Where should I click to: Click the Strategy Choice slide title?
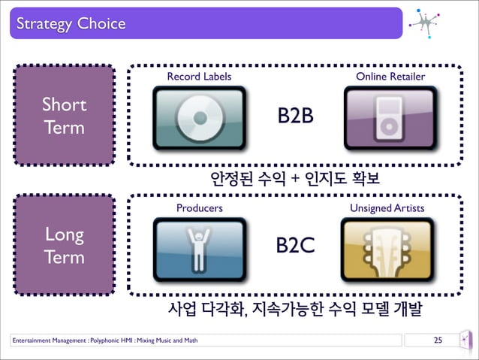pos(68,24)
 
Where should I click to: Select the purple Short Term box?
pos(64,115)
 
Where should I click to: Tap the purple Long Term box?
pos(64,245)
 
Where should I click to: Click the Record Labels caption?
pos(199,77)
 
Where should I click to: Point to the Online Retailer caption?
pos(390,77)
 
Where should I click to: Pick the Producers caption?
pos(199,207)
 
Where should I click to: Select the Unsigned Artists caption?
pos(387,207)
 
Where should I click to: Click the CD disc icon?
pos(199,119)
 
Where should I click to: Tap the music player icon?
pos(390,119)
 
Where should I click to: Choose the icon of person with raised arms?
pos(199,250)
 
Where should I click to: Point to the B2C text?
pos(295,247)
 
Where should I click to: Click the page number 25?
pos(438,343)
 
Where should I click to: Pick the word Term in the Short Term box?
pos(64,127)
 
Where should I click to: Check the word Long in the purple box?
pos(64,234)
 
